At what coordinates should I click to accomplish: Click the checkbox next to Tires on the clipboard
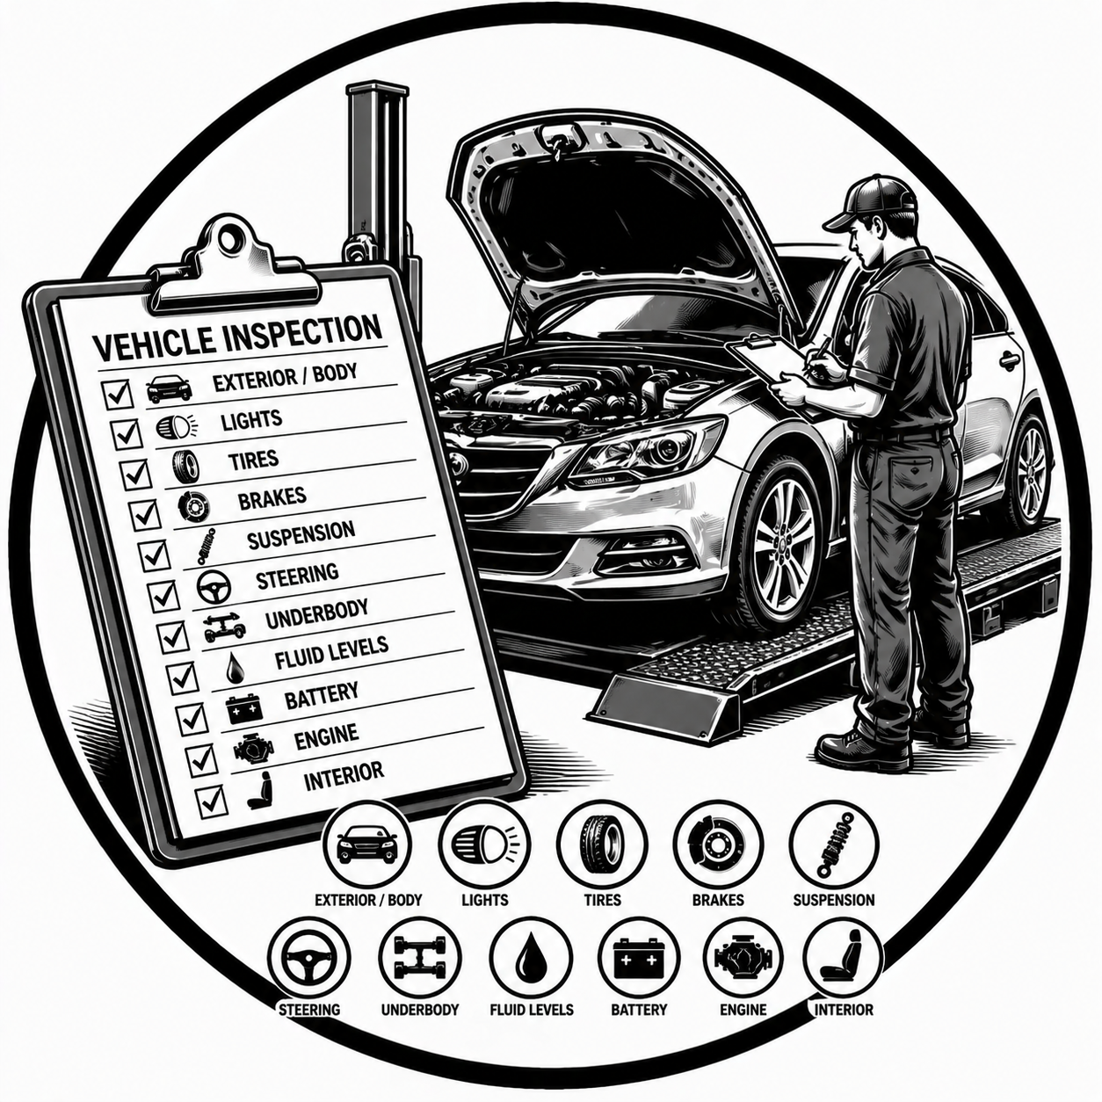(134, 475)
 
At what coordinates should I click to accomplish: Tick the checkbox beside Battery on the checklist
(191, 719)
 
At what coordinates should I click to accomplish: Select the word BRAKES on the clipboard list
(272, 498)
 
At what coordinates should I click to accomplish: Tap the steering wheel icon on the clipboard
(213, 586)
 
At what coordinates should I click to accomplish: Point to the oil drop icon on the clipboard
(235, 668)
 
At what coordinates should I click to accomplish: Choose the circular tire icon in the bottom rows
(602, 843)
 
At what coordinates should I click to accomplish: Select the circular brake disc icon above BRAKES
(717, 843)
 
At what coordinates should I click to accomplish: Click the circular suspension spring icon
(833, 843)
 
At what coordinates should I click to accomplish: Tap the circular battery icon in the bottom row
(639, 956)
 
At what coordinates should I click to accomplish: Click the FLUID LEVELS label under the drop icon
(531, 1010)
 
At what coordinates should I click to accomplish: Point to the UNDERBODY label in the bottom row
(419, 1010)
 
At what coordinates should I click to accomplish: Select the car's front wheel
(781, 545)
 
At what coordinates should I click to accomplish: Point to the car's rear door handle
(1009, 359)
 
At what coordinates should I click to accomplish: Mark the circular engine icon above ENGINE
(743, 956)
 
